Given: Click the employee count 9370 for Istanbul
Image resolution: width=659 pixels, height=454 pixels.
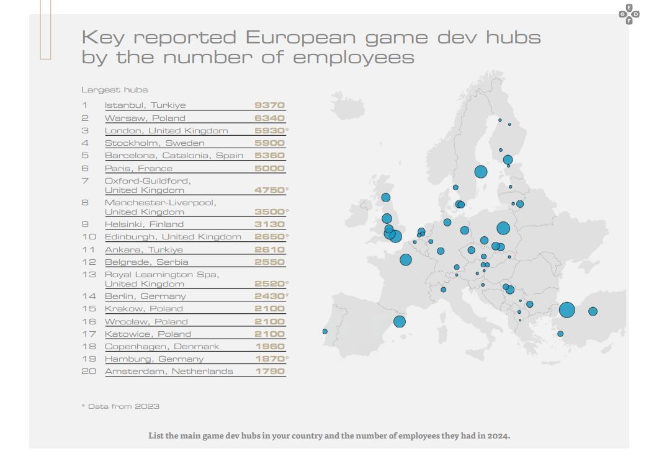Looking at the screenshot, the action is (x=269, y=105).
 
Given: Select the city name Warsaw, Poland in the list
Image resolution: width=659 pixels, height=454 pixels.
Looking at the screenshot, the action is (x=145, y=118).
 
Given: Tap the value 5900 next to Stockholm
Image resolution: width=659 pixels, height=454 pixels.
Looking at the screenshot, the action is (x=269, y=143).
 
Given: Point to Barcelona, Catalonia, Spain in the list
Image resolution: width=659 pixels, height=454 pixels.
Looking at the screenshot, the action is (x=174, y=156).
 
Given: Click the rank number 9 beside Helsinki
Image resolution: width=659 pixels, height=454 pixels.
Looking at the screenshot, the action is (x=85, y=225).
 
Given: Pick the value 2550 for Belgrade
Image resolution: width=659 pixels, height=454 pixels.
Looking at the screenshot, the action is (x=269, y=262).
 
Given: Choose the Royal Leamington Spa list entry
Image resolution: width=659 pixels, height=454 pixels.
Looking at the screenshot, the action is (x=162, y=279).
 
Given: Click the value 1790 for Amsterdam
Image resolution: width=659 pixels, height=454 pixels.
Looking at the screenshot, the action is (x=270, y=372).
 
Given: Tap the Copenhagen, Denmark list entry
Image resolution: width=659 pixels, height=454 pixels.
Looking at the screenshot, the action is (x=162, y=347).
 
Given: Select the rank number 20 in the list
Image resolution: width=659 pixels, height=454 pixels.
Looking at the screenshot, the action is (x=89, y=372).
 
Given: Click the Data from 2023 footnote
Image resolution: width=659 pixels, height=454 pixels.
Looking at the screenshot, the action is (x=120, y=406).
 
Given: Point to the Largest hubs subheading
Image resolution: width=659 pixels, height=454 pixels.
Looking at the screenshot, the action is (x=114, y=89).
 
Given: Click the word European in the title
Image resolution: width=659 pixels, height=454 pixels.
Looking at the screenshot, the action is (x=300, y=37).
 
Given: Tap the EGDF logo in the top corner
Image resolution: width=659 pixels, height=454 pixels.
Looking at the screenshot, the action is (x=629, y=14).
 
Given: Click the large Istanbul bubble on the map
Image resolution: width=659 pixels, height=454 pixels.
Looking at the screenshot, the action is (x=567, y=310).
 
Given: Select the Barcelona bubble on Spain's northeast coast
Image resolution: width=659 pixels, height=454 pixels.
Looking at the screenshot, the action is (x=399, y=322).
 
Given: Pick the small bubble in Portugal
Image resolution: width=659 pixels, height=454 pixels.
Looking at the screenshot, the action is (x=325, y=331).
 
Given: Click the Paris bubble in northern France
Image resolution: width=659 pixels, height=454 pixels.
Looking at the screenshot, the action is (x=406, y=259).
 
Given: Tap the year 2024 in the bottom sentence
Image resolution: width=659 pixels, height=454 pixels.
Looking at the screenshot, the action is (x=498, y=435).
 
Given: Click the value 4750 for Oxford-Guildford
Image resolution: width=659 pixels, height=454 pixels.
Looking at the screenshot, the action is (x=269, y=190).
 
